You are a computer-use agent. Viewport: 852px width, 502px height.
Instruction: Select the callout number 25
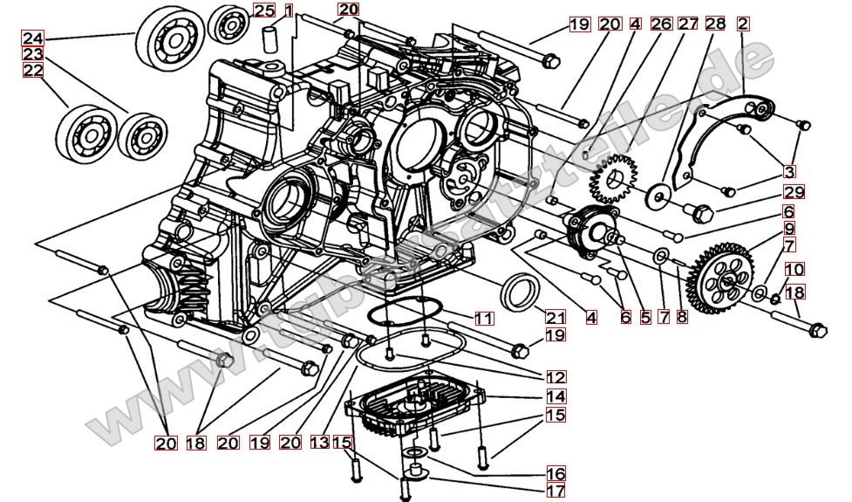tap(263, 10)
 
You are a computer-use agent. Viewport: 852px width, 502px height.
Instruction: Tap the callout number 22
tap(32, 71)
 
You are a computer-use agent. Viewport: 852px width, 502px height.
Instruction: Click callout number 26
tap(661, 24)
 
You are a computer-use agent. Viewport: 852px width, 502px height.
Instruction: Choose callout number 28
tap(715, 24)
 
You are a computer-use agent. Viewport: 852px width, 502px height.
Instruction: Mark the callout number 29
tap(793, 192)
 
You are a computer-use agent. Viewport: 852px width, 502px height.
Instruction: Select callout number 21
tap(555, 317)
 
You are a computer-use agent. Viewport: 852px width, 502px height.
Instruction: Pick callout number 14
tap(556, 396)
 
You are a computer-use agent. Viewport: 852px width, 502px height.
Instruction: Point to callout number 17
tap(556, 491)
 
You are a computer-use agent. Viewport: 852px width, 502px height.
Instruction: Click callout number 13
tap(319, 443)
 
